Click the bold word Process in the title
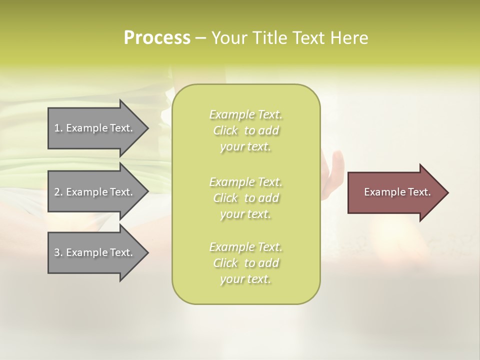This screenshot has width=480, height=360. (x=157, y=37)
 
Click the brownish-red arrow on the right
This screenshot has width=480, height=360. (x=395, y=192)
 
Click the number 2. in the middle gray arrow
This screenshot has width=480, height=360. (x=58, y=192)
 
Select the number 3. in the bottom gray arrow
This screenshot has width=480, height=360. (x=58, y=252)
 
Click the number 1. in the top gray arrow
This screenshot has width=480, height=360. (x=58, y=128)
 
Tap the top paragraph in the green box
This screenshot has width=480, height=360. (x=245, y=130)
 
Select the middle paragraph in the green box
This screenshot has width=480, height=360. (x=245, y=198)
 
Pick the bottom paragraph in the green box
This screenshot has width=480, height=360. (x=245, y=263)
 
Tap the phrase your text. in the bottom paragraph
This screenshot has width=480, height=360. (x=245, y=279)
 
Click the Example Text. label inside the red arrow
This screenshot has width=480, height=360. (x=397, y=192)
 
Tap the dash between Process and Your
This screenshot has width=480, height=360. (x=201, y=38)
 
